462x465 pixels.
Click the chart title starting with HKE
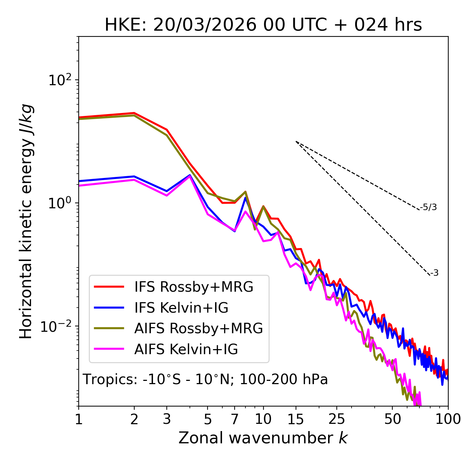click(x=263, y=25)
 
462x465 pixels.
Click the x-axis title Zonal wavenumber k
click(x=263, y=438)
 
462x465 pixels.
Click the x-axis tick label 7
click(x=235, y=419)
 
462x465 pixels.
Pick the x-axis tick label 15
click(x=296, y=419)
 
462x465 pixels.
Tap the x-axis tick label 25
click(x=336, y=419)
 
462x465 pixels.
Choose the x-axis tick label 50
click(x=392, y=419)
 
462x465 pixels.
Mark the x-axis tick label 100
click(x=448, y=419)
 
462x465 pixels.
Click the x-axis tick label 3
click(x=166, y=419)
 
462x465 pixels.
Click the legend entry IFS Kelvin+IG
click(x=181, y=308)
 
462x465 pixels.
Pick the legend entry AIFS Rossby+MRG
click(x=199, y=329)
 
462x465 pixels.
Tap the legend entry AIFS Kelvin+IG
click(x=186, y=349)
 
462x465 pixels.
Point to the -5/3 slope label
click(x=428, y=208)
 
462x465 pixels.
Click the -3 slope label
click(x=435, y=273)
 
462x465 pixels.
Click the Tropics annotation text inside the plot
click(x=205, y=380)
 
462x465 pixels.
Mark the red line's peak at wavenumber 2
click(x=134, y=113)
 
